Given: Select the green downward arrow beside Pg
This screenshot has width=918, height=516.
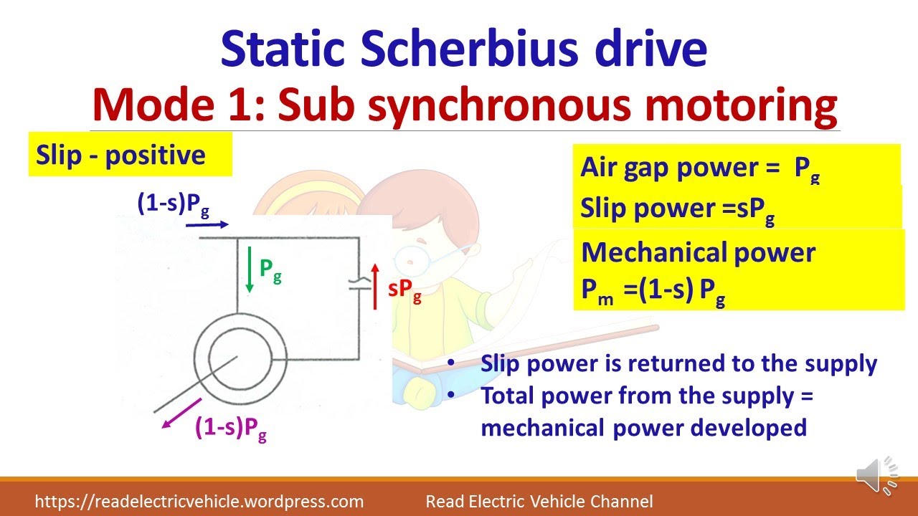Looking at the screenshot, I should pos(249,269).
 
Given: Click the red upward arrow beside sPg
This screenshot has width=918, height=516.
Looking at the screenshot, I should pos(375,285).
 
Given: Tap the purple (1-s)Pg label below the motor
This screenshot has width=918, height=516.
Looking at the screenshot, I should pos(231,428).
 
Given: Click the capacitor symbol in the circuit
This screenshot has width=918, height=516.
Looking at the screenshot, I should pos(358,285).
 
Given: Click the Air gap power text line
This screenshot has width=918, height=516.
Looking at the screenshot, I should pos(699,168).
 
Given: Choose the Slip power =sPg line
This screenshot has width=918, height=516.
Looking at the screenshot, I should pos(677,209).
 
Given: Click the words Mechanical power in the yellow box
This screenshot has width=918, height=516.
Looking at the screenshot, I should pos(698,252).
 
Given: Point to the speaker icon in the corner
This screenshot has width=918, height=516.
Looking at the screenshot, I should pos(876,474).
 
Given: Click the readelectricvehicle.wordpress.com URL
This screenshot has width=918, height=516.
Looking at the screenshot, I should pos(199,502).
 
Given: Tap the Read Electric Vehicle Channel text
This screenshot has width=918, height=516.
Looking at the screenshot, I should pos(539,502).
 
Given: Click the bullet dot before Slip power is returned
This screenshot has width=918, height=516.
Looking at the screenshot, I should pos(450,363).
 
